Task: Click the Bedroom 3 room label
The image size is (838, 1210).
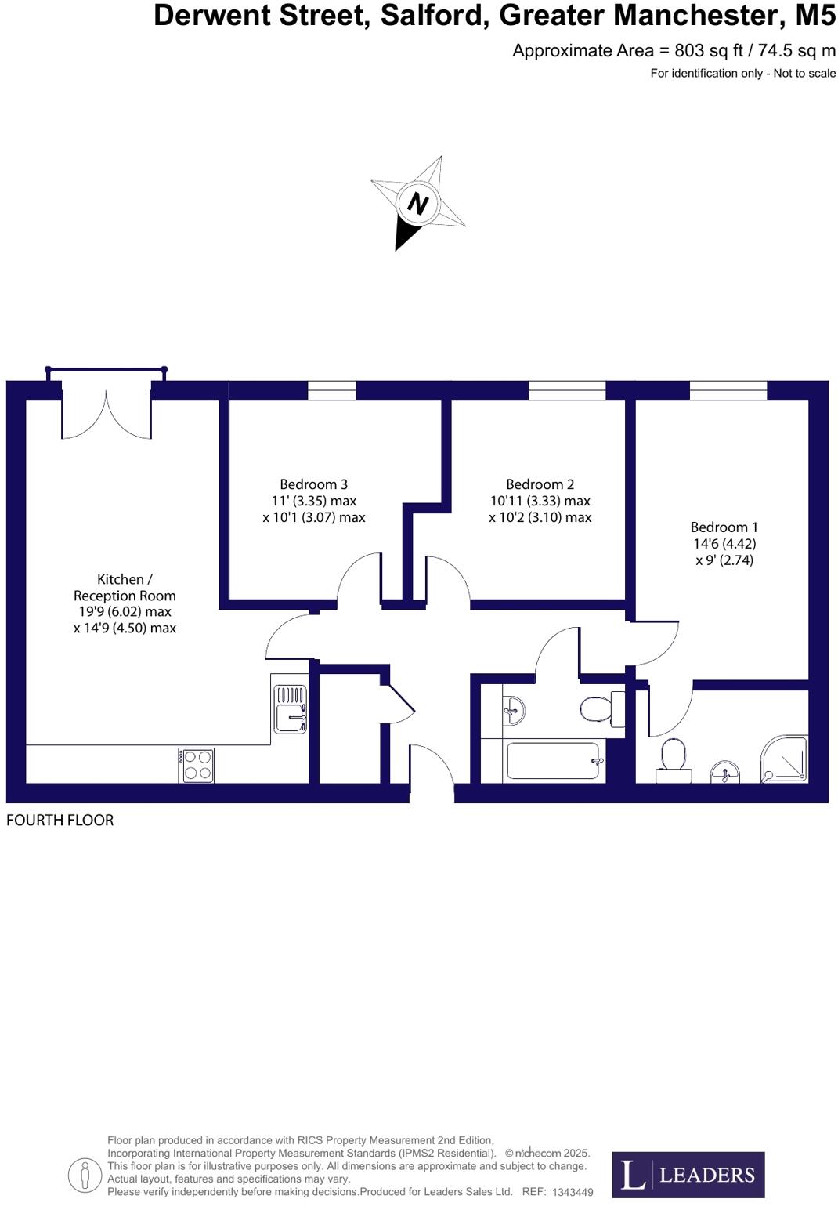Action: point(313,484)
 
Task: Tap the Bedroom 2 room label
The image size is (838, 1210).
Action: point(540,484)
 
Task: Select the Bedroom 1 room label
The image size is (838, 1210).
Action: point(724,527)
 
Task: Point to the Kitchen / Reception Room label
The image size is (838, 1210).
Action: point(125,588)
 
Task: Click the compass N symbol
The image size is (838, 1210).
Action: point(417,203)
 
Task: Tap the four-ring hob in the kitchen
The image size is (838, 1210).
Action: point(196,765)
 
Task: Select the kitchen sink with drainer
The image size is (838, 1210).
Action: point(290,708)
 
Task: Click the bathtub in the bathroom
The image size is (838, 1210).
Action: point(553,760)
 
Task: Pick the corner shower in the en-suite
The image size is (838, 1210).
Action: point(785,758)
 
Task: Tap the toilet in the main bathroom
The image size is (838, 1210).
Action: point(601,708)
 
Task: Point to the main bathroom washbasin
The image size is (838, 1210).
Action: point(512,710)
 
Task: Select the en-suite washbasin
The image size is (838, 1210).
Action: point(726,771)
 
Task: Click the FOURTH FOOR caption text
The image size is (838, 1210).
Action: point(60,821)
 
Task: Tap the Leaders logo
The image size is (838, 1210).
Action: point(688,1174)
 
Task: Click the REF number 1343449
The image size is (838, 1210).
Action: point(573,1192)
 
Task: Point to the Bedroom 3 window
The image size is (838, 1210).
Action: point(331,389)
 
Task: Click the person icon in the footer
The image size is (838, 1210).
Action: point(85,1175)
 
